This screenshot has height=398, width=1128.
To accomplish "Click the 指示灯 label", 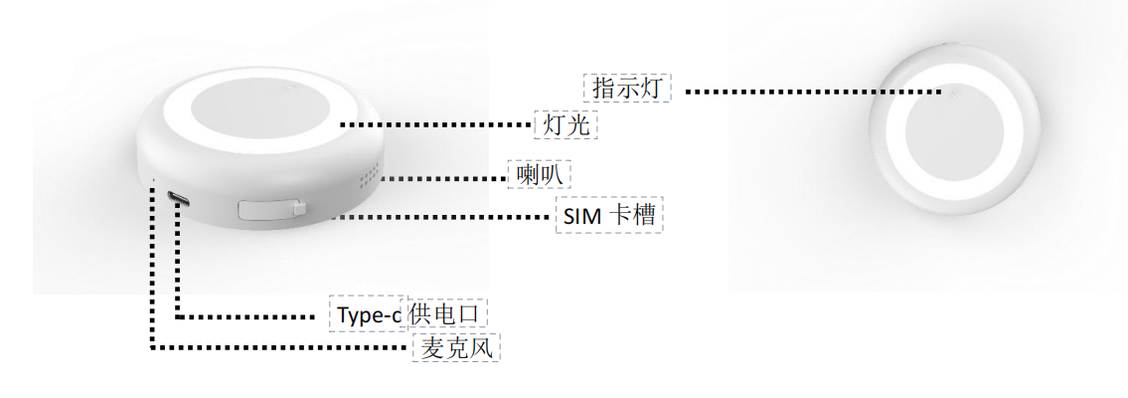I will [x=627, y=88].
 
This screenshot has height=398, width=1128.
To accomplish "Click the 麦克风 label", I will [x=456, y=347].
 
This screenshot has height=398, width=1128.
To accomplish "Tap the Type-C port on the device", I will [x=180, y=197].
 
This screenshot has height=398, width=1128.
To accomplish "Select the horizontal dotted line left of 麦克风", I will [x=278, y=347].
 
